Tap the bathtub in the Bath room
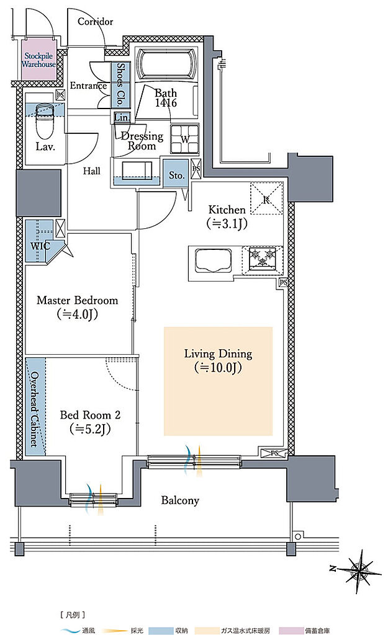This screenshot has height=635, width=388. [166, 64]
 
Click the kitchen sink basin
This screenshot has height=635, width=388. [214, 261]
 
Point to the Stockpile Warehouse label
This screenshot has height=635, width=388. [38, 60]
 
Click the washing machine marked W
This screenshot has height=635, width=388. [185, 139]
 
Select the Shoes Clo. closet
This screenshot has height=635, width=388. [120, 84]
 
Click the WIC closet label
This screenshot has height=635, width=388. [40, 246]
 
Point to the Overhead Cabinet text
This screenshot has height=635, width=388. [35, 409]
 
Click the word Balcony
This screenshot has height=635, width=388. [180, 500]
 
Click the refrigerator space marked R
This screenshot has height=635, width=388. [266, 198]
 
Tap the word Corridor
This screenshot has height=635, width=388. [95, 22]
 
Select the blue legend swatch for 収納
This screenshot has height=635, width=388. [161, 631]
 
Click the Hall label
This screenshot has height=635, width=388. [92, 171]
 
